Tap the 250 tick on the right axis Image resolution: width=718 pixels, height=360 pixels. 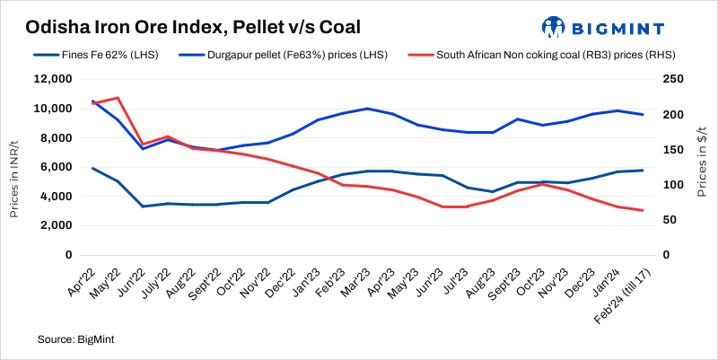tap(671, 80)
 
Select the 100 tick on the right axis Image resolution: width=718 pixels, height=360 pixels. tap(671, 185)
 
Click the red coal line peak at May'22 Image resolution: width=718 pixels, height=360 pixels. tap(118, 98)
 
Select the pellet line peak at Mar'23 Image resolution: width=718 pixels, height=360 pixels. tap(366, 109)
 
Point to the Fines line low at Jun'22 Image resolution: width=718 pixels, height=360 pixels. tap(143, 206)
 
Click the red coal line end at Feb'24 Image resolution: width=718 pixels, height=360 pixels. tap(641, 210)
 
